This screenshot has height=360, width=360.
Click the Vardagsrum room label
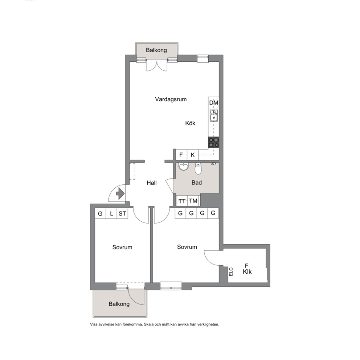pos(171,99)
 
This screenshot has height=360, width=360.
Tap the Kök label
pos(190,123)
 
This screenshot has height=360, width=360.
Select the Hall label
pos(152,183)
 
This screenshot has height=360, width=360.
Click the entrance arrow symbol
pos(120,193)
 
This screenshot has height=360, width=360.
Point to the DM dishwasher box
pos(213,103)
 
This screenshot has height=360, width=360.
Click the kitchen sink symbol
pos(214,115)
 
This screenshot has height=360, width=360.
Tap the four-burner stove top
pos(213,142)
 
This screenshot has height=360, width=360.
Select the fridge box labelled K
pos(193,155)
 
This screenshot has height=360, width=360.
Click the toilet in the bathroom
pos(198,168)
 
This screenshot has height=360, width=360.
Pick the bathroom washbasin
pos(183,167)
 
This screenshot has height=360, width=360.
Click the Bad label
pos(197,183)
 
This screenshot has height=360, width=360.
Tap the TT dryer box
pos(182,201)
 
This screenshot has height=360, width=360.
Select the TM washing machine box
pos(193,201)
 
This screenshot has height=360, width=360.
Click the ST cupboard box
pos(122,213)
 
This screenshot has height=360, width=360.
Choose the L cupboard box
pos(111,213)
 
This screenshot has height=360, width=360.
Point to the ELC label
pos(231,272)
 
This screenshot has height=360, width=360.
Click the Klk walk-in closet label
pos(247,271)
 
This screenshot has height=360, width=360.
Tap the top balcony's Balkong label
pos(156,50)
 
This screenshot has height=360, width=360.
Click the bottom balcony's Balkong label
pos(119,304)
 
